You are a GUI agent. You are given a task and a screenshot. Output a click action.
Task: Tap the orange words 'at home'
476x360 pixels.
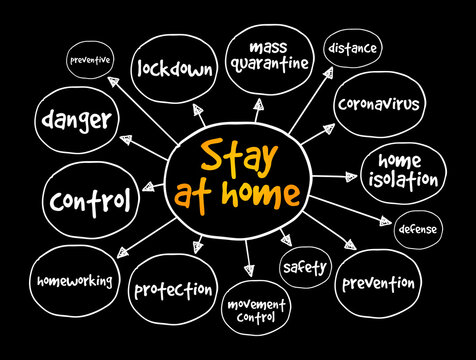pyautogui.click(x=237, y=191)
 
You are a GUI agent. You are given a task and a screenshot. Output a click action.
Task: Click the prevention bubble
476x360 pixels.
pyautogui.click(x=379, y=283)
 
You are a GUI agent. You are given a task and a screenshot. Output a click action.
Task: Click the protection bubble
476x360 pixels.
pyautogui.click(x=174, y=291)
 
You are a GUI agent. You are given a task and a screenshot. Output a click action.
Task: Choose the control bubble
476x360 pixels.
pyautogui.click(x=91, y=201)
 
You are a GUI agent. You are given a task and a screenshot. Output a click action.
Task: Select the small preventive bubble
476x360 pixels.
pyautogui.click(x=89, y=59)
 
